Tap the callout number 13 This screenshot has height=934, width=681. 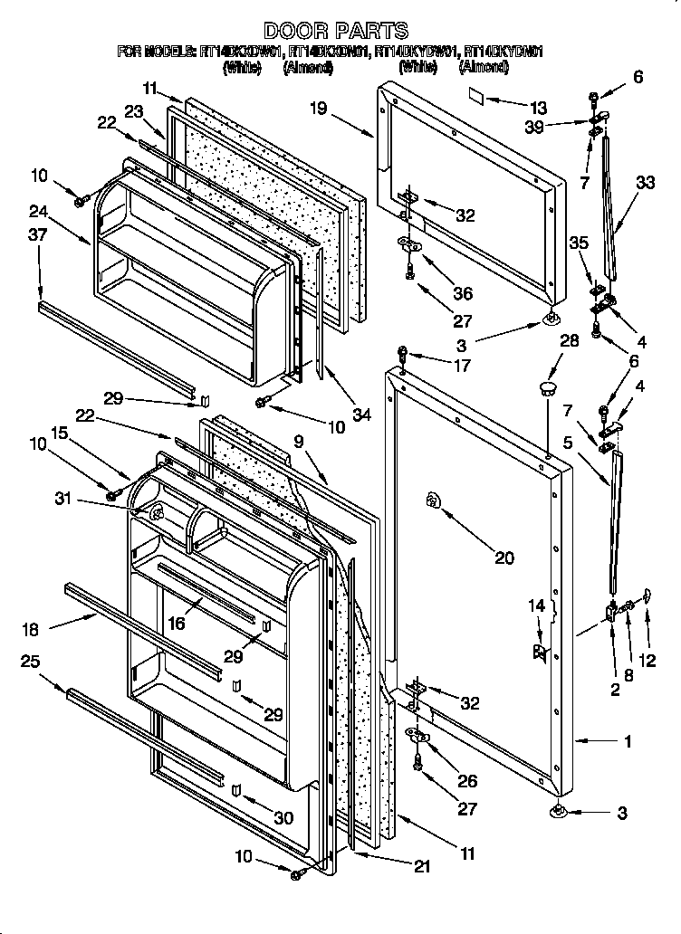(x=539, y=106)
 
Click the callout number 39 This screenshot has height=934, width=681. (x=561, y=127)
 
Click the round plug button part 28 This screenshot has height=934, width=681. (x=547, y=388)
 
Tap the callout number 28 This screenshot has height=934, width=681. (x=568, y=339)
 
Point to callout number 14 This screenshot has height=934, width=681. (x=538, y=605)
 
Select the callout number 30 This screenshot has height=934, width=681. (x=284, y=818)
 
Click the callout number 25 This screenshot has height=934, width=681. (x=31, y=662)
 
